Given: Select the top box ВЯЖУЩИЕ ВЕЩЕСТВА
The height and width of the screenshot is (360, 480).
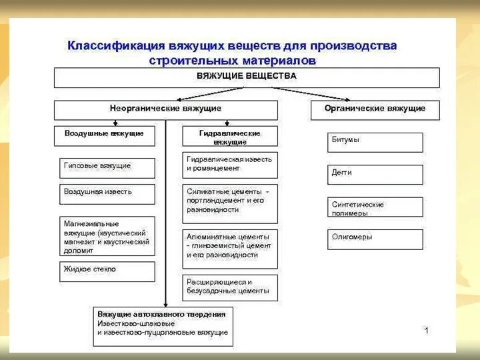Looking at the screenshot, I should click(247, 77).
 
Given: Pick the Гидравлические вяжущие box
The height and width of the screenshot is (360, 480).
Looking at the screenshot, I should click(230, 137).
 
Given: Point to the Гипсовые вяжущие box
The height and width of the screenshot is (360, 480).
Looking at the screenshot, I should click(107, 167).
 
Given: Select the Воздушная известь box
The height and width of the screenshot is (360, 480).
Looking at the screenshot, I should click(107, 193).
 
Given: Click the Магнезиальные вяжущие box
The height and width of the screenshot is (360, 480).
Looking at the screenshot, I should click(107, 235).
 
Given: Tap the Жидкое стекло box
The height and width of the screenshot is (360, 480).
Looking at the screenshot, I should click(107, 271).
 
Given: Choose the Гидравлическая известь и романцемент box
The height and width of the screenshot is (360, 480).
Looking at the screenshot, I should click(230, 164).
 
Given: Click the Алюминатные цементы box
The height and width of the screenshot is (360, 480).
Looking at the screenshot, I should click(230, 246).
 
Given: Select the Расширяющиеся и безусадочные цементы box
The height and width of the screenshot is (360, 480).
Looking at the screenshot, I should click(230, 287).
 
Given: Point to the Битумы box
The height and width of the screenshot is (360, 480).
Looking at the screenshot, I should click(375, 142).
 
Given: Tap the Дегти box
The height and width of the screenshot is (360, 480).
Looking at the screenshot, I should click(375, 174).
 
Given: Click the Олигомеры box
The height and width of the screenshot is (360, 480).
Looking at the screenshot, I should click(375, 239).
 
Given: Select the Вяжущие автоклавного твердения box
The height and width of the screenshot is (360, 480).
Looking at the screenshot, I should click(163, 325).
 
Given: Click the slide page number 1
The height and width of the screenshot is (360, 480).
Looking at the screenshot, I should click(427, 331).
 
